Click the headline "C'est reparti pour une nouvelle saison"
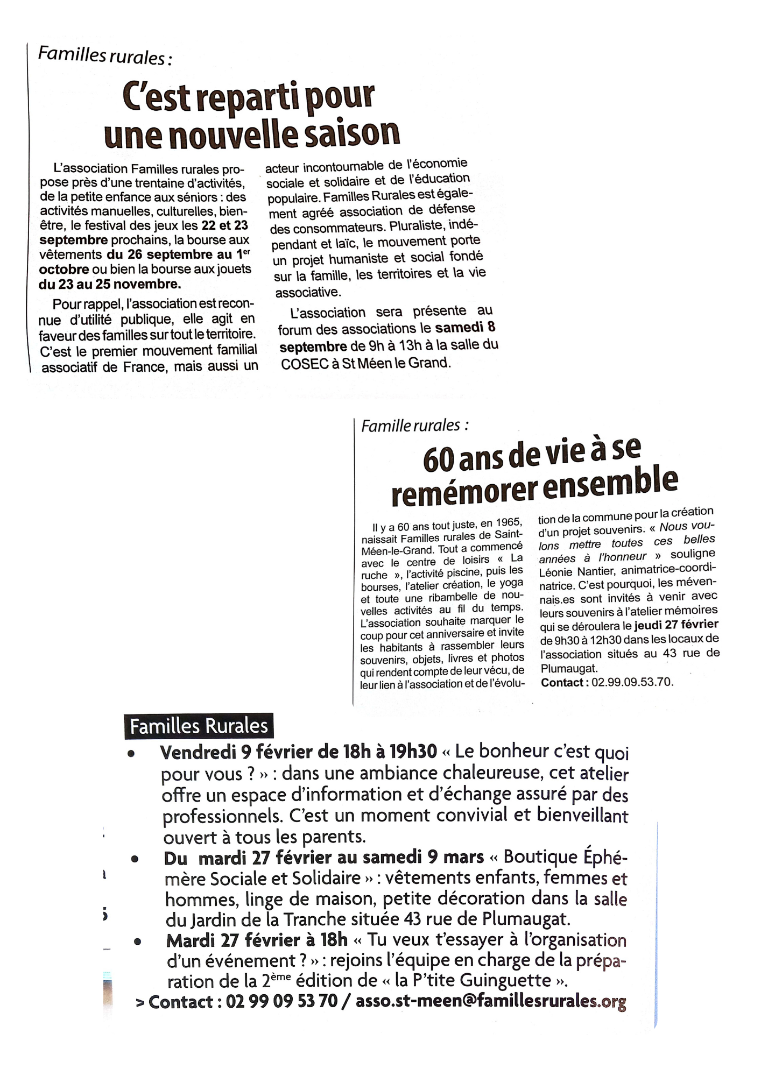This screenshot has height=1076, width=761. click(251, 115)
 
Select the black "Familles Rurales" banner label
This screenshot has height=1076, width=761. click(199, 726)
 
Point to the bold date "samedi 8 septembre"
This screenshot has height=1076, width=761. click(387, 336)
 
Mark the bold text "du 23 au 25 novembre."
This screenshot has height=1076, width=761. click(109, 284)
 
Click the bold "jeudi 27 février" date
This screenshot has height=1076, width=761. click(676, 625)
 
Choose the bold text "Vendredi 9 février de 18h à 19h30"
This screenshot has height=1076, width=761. click(298, 752)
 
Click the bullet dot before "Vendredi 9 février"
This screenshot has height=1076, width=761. click(131, 754)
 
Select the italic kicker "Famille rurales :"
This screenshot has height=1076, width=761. click(414, 426)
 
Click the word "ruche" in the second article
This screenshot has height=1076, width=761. click(374, 575)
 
